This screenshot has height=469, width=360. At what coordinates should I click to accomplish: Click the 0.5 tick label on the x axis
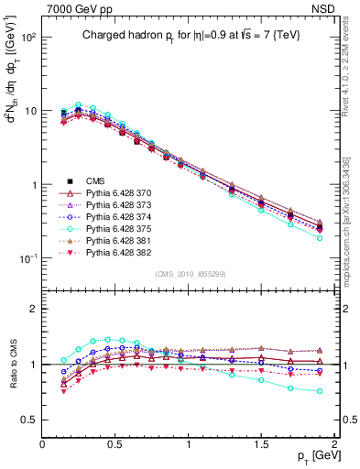pyautogui.click(x=115, y=442)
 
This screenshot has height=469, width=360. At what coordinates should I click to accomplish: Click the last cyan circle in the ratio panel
pyautogui.click(x=320, y=391)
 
